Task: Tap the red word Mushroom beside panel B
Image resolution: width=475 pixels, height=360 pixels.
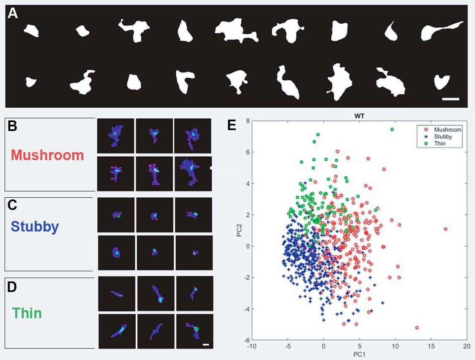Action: point(47,155)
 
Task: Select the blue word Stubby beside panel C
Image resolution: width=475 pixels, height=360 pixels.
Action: point(35,227)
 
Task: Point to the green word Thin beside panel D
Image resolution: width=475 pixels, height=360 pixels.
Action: point(27,313)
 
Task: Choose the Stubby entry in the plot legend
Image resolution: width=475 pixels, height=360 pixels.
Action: point(444,136)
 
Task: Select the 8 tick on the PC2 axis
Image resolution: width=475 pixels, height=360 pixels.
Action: point(246,121)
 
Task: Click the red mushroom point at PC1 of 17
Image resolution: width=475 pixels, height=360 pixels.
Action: point(445,229)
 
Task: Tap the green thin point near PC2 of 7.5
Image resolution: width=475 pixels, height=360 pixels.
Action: point(392,129)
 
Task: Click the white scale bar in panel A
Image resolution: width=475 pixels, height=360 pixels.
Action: point(450,99)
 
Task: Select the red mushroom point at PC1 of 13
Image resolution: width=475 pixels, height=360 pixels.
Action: point(417,327)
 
